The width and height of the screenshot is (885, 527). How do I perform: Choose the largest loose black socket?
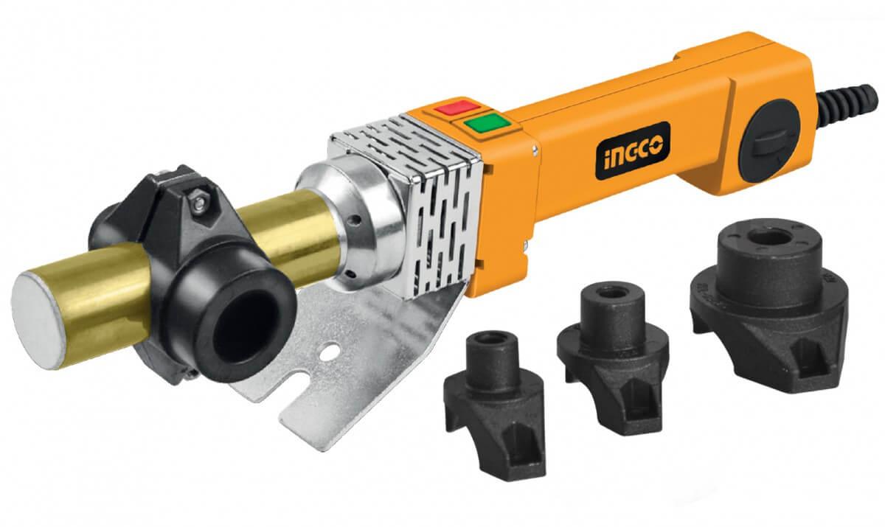pos(767,295)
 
